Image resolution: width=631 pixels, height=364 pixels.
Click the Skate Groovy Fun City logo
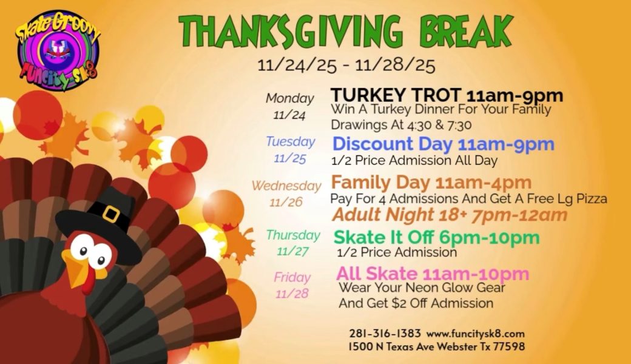coord(57,50)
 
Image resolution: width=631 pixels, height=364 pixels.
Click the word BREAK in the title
coord(466,31)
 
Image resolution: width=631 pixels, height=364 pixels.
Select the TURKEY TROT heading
coord(395,95)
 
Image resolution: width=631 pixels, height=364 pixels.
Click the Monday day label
coord(290,98)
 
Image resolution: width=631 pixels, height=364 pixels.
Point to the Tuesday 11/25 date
coord(290,158)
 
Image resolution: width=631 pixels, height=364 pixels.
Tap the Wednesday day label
coord(286,186)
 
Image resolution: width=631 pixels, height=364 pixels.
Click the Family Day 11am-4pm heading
coord(431,182)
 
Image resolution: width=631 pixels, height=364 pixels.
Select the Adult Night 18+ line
coord(450,214)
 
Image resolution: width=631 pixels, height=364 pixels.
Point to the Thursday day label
coord(293,235)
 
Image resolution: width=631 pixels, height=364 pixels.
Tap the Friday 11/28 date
coord(292,294)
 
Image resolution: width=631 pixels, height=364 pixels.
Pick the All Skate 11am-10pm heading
coord(433,274)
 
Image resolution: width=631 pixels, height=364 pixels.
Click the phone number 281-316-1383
coord(385,334)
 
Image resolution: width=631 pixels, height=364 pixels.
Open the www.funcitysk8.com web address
coord(476,334)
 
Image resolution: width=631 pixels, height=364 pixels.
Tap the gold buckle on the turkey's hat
coord(111,214)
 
